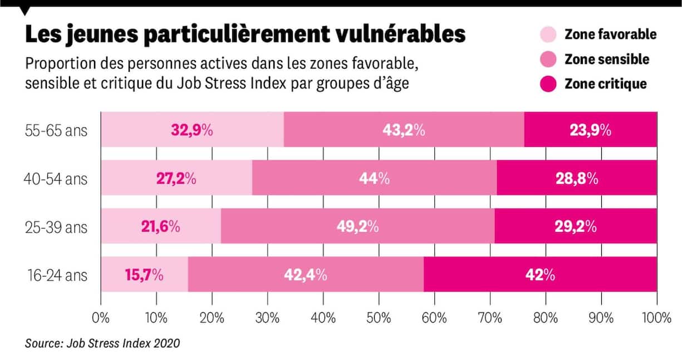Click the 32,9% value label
192,130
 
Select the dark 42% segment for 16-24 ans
540,275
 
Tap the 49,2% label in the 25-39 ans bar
357,226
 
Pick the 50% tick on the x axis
379,319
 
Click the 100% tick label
656,319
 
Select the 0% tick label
101,319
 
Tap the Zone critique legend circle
548,84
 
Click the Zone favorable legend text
610,34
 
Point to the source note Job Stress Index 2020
103,343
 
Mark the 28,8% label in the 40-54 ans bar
577,179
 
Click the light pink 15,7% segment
144,275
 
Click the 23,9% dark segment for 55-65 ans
590,130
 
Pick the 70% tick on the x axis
490,319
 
